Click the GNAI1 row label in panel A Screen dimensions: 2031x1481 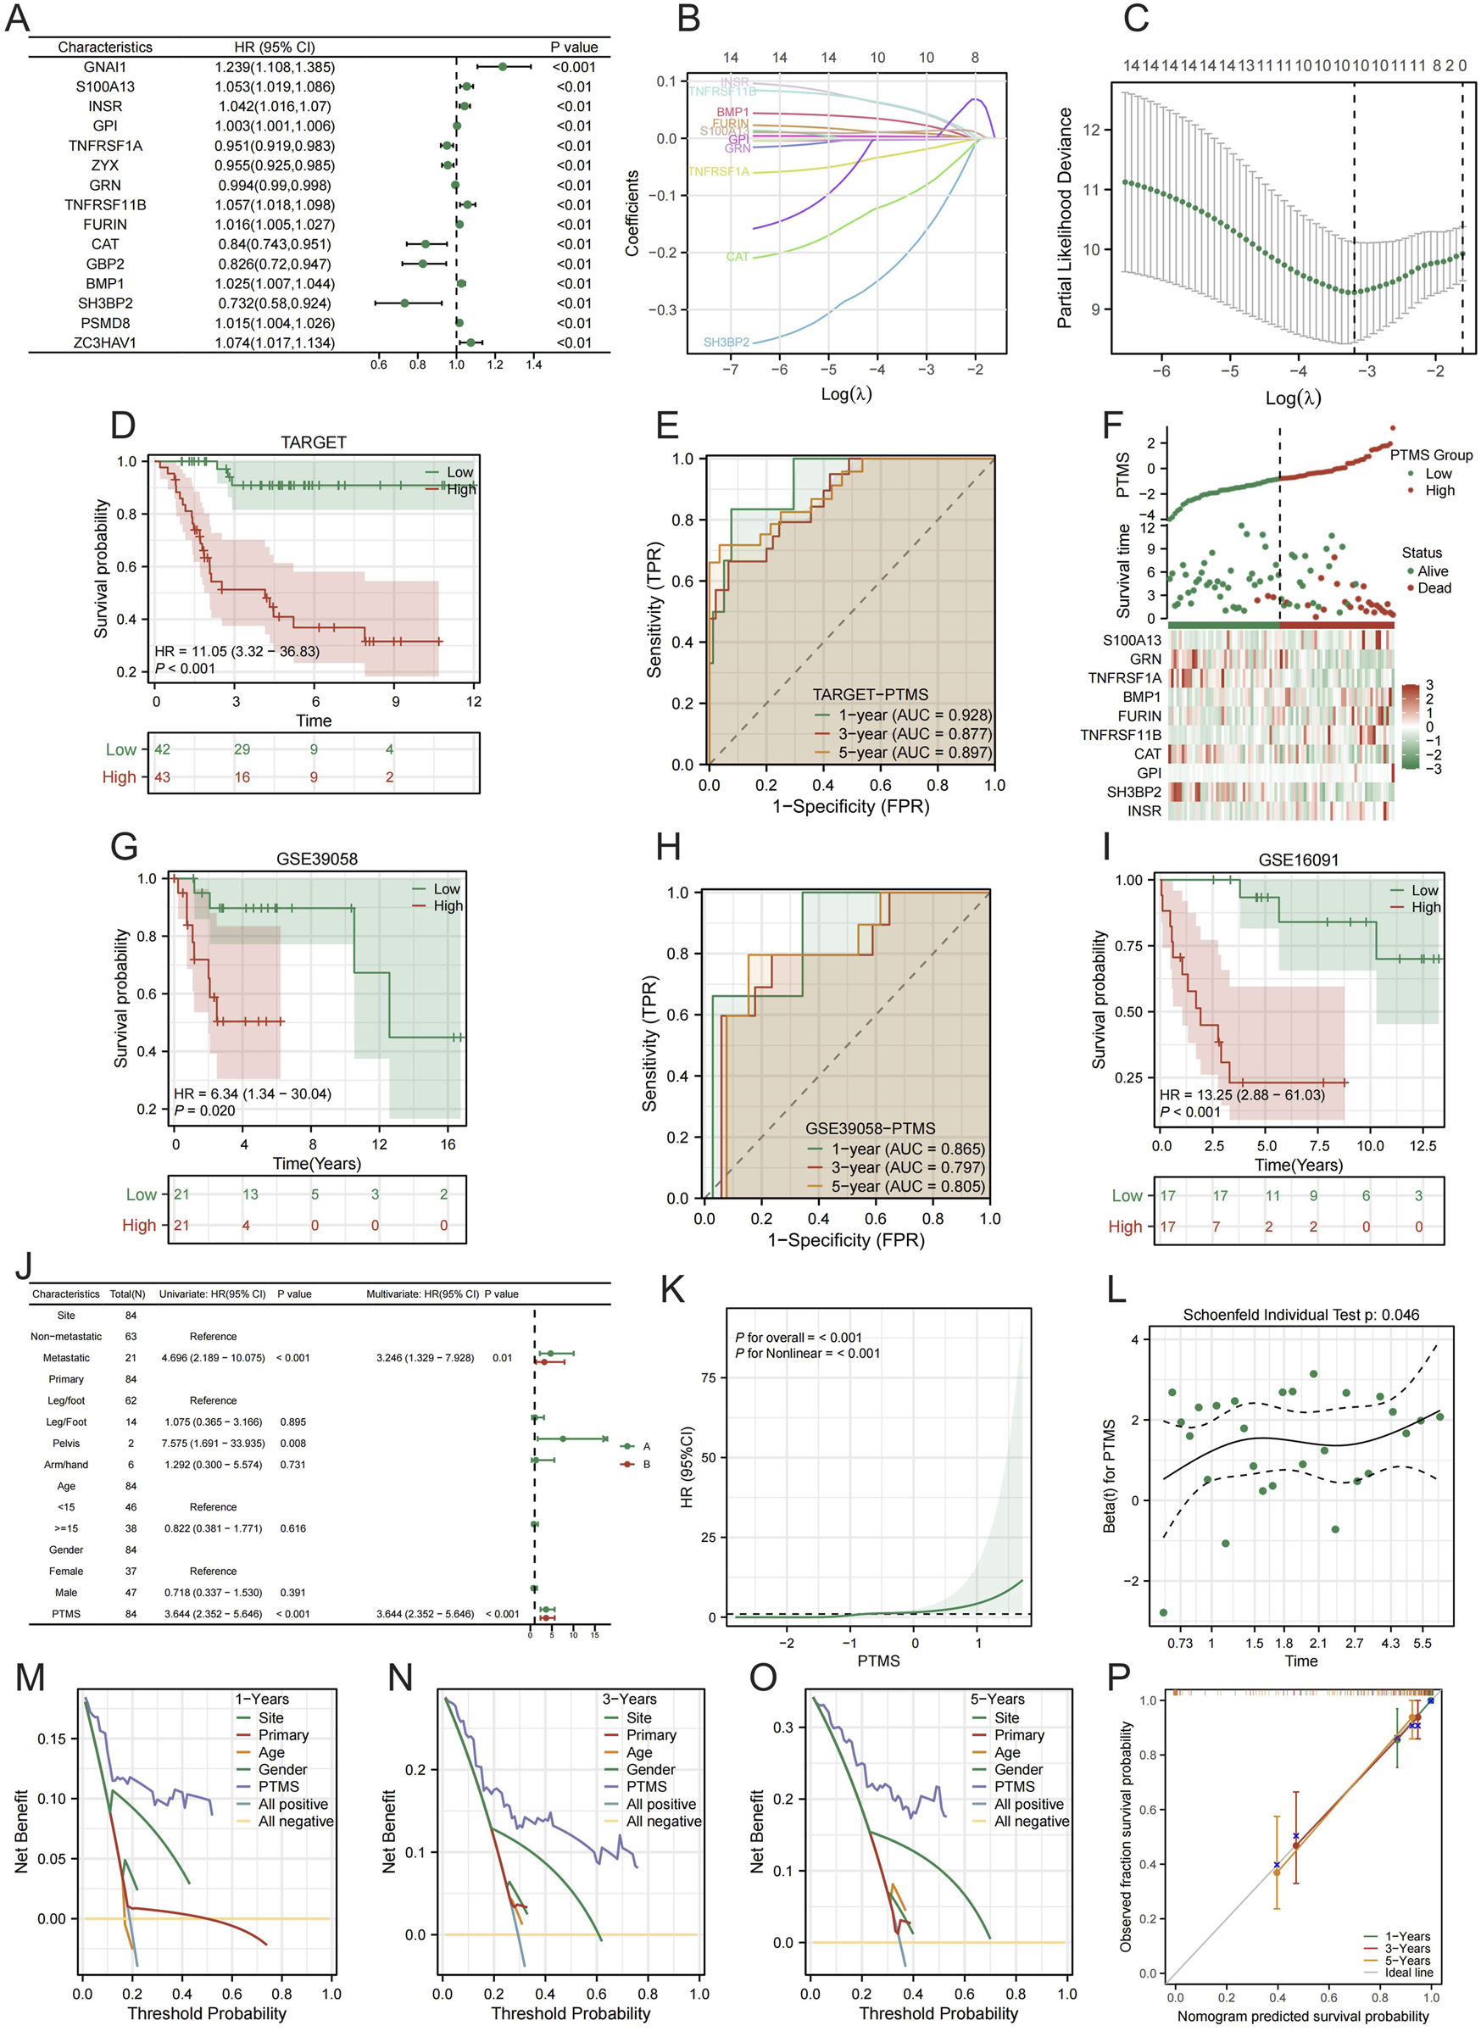105,67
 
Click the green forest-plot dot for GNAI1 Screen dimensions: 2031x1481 502,67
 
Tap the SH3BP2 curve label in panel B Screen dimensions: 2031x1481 727,342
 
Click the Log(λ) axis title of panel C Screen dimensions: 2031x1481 1292,398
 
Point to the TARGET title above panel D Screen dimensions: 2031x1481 313,442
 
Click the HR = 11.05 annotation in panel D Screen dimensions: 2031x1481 237,652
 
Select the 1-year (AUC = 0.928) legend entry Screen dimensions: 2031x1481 914,715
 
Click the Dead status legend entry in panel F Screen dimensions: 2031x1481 1434,588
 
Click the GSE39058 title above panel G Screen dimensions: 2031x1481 316,859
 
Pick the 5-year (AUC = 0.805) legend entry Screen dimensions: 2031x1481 907,1186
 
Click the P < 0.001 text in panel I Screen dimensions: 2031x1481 1190,1112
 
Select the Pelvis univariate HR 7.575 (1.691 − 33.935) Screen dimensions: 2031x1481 214,1443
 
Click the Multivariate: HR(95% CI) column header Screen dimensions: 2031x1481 422,1294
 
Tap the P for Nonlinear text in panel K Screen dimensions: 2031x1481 807,1354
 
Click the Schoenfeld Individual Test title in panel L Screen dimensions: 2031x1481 1300,1315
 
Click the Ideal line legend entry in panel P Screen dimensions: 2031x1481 1408,1973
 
